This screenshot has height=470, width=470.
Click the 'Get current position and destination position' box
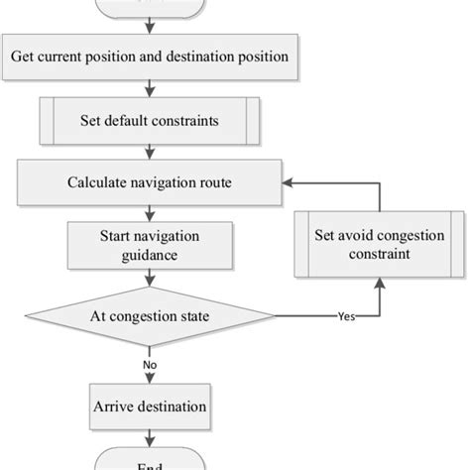tap(150, 57)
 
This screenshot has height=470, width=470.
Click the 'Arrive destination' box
tap(149, 406)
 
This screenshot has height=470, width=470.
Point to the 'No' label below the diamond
tap(149, 366)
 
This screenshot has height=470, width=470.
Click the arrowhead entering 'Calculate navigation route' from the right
tap(289, 183)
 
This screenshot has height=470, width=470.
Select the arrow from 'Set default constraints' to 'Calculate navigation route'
tap(150, 154)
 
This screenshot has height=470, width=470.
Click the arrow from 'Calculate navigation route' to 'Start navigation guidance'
tap(150, 211)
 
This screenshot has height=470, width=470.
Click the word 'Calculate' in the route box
tap(97, 183)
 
